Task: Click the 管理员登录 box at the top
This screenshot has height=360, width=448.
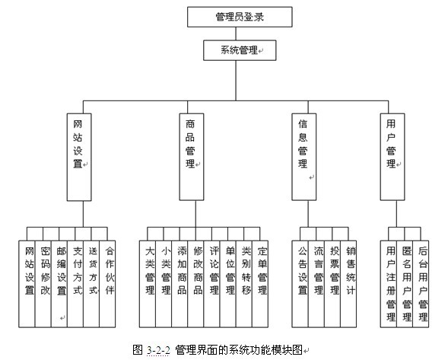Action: pos(240,17)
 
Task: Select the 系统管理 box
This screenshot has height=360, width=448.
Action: pos(240,50)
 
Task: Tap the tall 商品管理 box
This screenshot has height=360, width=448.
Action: pos(192,157)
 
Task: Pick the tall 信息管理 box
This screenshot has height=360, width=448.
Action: pos(304,157)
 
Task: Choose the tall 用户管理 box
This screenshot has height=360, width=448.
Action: pos(392,157)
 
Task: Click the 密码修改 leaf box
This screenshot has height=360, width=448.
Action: pos(43,284)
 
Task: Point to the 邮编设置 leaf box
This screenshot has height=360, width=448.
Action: pos(59,284)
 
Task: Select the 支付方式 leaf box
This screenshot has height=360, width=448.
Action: pos(75,284)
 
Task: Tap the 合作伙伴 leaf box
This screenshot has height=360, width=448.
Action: pos(107,284)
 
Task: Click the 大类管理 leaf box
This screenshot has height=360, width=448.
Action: pos(148,284)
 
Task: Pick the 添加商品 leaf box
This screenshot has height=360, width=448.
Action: pos(180,284)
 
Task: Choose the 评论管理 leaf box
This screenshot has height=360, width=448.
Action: pos(211,284)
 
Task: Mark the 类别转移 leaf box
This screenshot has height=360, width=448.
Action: pos(244,284)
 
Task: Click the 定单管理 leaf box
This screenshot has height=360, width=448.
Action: pos(260,284)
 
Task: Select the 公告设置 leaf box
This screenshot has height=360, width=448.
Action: pos(300,284)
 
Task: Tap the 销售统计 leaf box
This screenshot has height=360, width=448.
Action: pos(348,284)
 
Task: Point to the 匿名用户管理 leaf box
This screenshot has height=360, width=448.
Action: pos(405,284)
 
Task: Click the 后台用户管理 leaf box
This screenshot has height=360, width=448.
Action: pos(421,284)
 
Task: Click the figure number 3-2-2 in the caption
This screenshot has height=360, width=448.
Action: pos(158,350)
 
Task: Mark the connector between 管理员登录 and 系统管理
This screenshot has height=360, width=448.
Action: pos(236,33)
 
